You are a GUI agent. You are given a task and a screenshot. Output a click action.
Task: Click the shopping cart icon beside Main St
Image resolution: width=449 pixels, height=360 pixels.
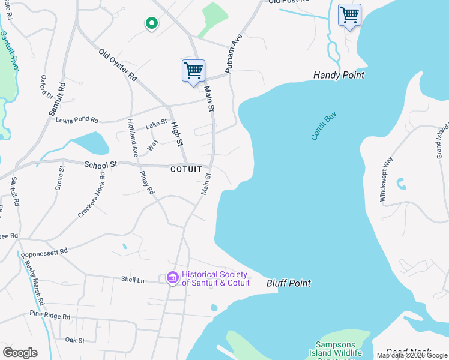click(x=193, y=71)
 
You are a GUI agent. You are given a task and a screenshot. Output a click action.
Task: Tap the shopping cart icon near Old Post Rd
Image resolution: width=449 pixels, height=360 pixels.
click(x=349, y=15)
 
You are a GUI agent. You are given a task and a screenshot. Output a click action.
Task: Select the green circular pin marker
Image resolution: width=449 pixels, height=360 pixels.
click(x=152, y=23)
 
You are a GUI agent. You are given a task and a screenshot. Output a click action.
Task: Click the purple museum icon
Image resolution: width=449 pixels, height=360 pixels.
click(x=173, y=278)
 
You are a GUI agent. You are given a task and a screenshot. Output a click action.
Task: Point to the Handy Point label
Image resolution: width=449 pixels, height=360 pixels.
click(x=339, y=76)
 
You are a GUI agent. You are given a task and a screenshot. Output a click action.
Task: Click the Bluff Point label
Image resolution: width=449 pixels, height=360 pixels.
click(x=289, y=283)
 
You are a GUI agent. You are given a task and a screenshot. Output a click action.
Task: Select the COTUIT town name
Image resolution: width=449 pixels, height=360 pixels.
click(x=187, y=170)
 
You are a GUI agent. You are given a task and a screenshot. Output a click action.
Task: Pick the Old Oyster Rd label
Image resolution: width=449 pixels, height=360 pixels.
click(x=118, y=65)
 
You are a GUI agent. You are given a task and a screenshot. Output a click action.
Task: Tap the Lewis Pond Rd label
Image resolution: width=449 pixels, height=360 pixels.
click(x=77, y=120)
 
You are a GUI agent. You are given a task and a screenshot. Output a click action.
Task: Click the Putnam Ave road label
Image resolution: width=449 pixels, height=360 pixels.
click(x=233, y=54)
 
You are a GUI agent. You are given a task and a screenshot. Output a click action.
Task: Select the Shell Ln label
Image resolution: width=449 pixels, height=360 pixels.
click(x=133, y=280)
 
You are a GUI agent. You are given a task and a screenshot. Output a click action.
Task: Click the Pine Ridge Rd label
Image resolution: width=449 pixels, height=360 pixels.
click(x=50, y=316)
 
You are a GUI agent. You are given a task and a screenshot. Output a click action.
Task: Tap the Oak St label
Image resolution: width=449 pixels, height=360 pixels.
click(x=75, y=340)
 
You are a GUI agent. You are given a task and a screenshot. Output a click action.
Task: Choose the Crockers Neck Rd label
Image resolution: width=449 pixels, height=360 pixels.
click(x=91, y=196)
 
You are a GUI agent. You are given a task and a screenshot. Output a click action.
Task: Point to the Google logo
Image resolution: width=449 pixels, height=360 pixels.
click(x=20, y=353)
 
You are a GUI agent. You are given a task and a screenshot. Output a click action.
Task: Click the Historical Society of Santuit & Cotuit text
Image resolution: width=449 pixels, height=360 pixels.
click(x=216, y=279)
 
